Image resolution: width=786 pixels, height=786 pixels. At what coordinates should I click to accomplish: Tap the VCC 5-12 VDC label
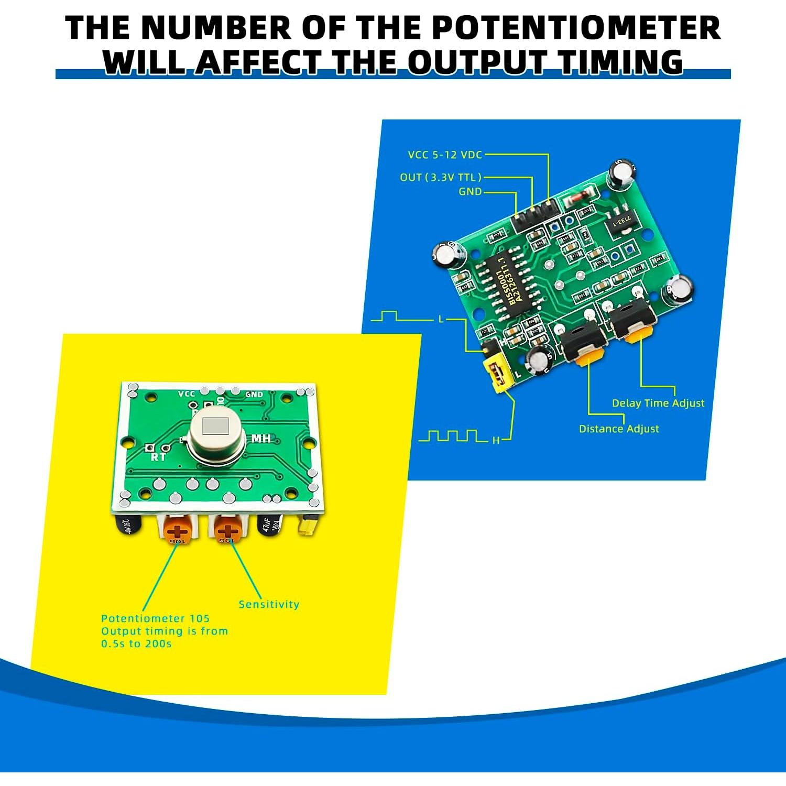[x=445, y=155]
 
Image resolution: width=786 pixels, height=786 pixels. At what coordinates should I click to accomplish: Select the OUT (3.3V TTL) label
[x=440, y=177]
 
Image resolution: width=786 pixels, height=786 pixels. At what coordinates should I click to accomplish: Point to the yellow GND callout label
[x=470, y=192]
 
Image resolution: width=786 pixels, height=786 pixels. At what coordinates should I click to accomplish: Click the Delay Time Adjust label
[x=658, y=403]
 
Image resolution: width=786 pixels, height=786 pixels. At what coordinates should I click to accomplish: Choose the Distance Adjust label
[x=618, y=429]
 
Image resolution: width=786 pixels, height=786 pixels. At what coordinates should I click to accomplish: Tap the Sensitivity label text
[x=269, y=604]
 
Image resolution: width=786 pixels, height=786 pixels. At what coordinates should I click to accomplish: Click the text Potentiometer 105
[x=155, y=619]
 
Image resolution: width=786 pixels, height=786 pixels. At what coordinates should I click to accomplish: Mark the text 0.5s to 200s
[x=136, y=644]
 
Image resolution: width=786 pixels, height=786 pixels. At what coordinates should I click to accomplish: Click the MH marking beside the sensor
[x=261, y=438]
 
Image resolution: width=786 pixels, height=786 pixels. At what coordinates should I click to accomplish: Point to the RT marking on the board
[x=158, y=457]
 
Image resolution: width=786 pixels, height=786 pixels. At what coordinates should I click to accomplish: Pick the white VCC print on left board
[x=187, y=394]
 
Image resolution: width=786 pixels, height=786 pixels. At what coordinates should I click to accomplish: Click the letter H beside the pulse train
[x=496, y=441]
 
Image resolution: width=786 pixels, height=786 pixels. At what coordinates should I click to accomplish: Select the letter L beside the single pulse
[x=441, y=319]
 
